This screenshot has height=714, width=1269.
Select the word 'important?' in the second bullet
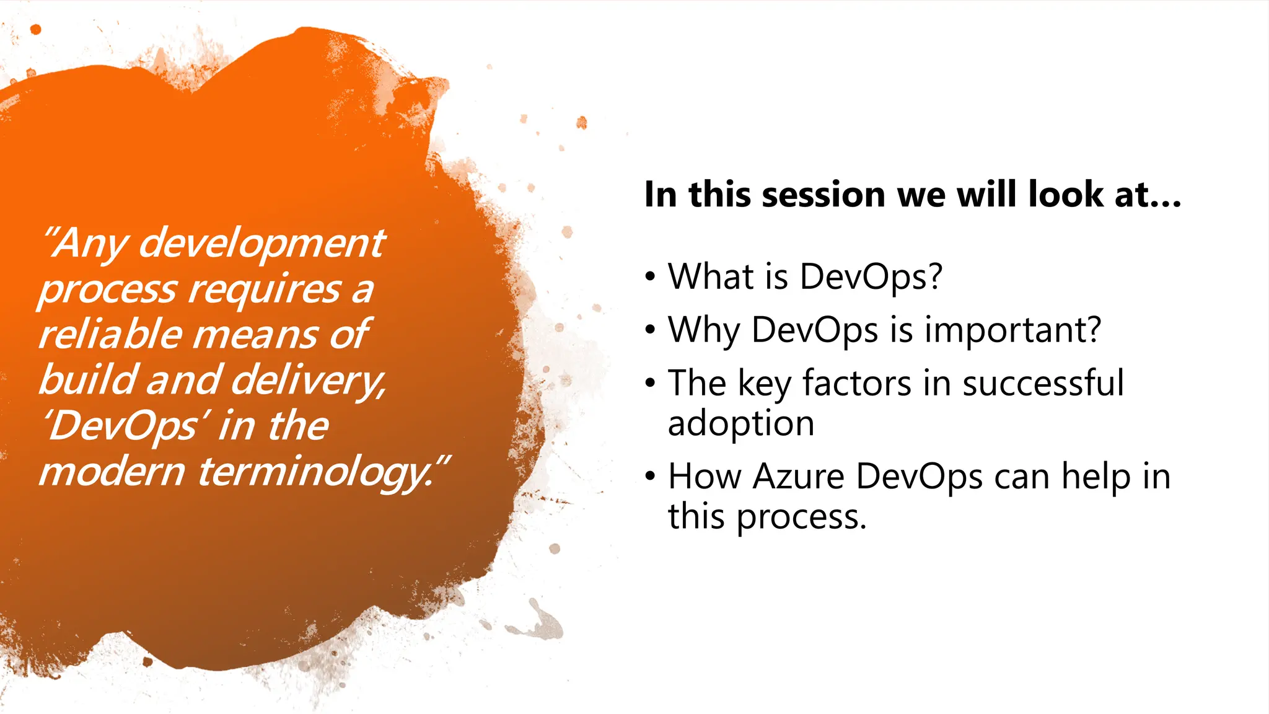[x=1013, y=330]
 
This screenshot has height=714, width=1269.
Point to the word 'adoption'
[x=741, y=424]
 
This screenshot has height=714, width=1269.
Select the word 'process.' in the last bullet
[x=801, y=517]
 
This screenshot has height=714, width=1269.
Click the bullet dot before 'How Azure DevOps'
[x=649, y=477]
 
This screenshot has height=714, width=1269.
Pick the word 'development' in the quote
[x=261, y=243]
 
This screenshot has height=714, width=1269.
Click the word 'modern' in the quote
[x=112, y=472]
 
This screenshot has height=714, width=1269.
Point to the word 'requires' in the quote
[x=265, y=289]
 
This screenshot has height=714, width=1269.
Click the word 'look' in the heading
[x=1065, y=195]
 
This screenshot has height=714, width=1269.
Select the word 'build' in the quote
[x=87, y=380]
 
